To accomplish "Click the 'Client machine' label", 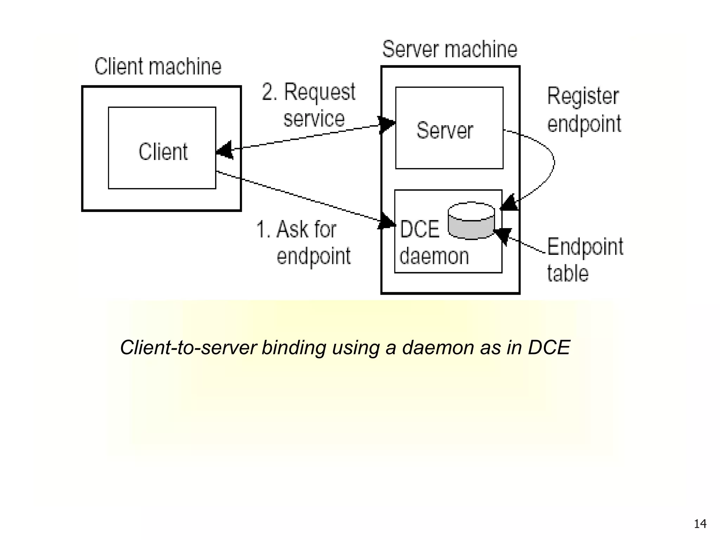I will pos(158,66).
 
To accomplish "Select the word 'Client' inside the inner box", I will pos(163,152).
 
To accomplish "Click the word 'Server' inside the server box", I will pos(445,130).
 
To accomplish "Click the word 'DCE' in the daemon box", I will pos(419,229).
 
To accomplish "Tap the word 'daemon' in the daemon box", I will pos(434,256).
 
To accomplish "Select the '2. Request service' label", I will pos(309,105).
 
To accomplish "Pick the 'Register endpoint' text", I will pos(584,110).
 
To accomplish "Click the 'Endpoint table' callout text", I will pos(584,259).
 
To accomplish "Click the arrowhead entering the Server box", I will pos(387,124).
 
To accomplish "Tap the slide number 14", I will pos(700,524).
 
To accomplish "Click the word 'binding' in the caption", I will pos(294,347).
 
